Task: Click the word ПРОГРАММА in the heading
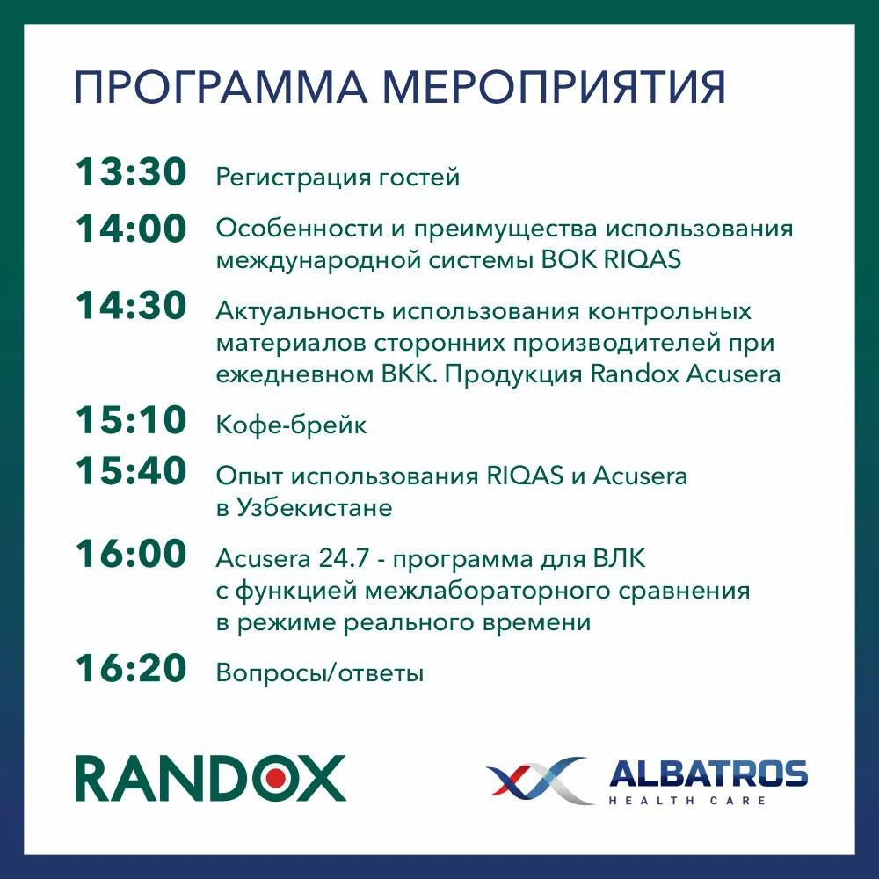pos(221,87)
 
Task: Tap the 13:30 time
pos(131,171)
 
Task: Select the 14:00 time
pos(131,229)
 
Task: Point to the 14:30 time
pos(131,306)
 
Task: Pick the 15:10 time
pos(131,420)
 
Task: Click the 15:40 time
pos(131,470)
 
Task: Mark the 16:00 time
pos(131,553)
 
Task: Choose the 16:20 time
pos(131,668)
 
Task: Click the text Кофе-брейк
pos(292,425)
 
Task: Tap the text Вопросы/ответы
pos(320,672)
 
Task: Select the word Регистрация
pos(294,178)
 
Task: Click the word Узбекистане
pos(314,508)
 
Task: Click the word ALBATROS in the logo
pos(708,774)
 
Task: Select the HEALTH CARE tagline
pos(687,801)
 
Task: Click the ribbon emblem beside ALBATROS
pos(541,779)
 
